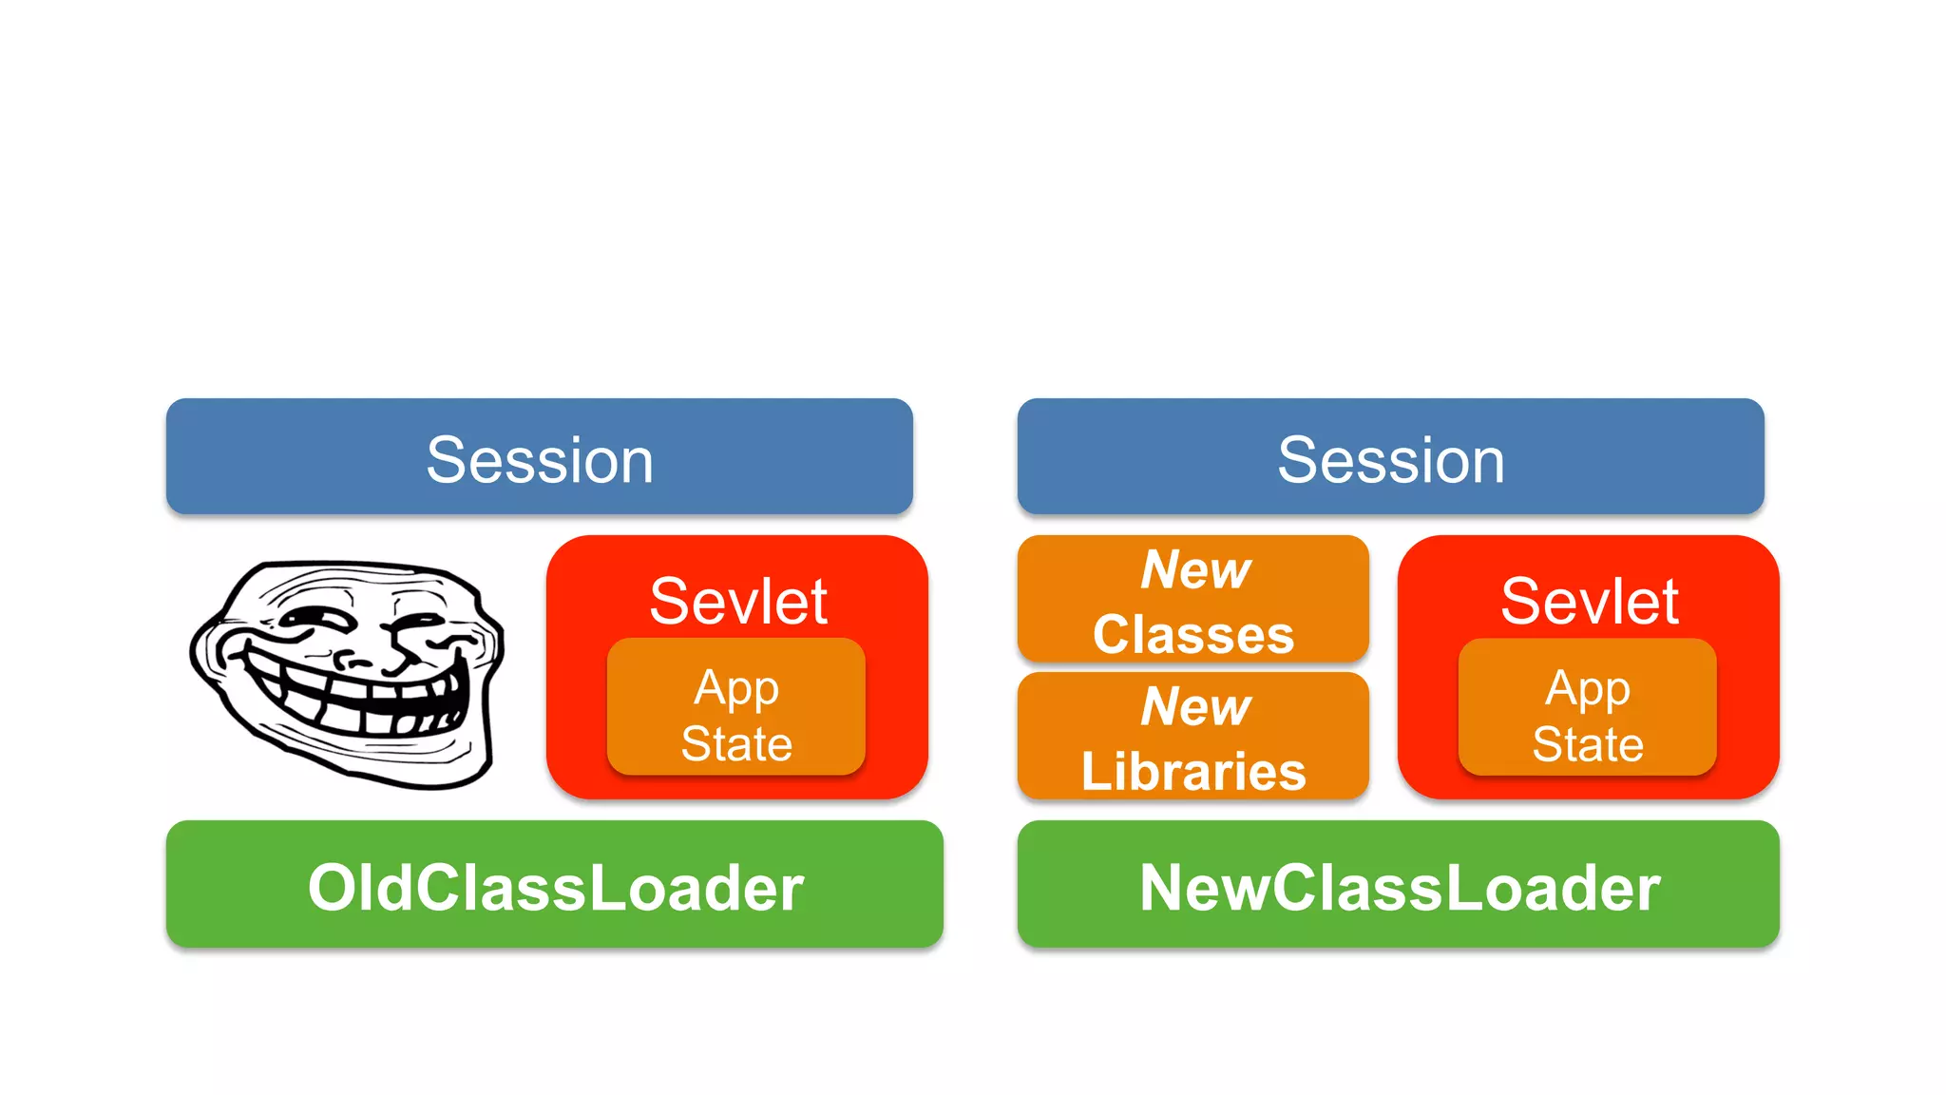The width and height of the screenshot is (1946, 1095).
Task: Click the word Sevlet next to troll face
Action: (x=737, y=601)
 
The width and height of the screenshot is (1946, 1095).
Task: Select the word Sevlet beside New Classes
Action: (x=1589, y=601)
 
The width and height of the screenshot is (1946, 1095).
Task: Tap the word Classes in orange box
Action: (x=1193, y=634)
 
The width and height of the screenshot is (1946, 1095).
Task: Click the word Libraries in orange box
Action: (x=1193, y=771)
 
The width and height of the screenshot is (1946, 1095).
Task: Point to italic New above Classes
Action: (x=1195, y=569)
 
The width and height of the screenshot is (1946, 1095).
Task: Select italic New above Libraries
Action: (x=1195, y=706)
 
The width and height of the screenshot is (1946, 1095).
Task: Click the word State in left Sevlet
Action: (x=736, y=743)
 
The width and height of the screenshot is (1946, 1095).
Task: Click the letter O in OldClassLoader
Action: (x=331, y=888)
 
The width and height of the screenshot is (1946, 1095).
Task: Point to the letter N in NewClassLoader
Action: (x=1164, y=888)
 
